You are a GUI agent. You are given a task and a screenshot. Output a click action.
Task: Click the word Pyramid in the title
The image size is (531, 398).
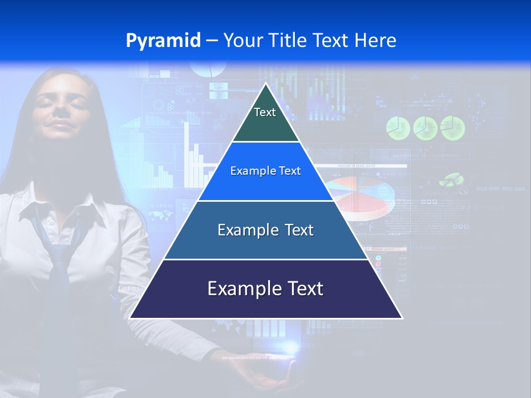[163, 41]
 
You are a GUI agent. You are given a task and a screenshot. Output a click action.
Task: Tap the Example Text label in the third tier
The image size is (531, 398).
[265, 230]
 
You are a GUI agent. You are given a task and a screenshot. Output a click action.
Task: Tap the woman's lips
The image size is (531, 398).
[61, 126]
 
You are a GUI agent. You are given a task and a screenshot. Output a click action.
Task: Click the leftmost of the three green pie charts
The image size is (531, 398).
[397, 128]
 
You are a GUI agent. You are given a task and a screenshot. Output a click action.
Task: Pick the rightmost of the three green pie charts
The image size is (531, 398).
[452, 128]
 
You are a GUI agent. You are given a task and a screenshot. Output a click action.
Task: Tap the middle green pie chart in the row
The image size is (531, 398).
[425, 128]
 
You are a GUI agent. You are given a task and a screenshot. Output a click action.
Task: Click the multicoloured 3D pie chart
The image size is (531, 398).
[360, 196]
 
